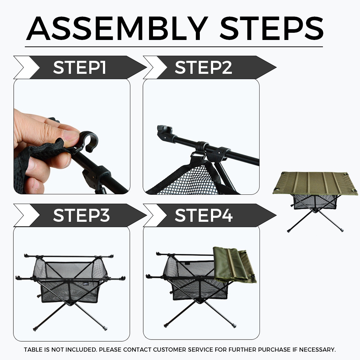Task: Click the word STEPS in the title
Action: (x=271, y=28)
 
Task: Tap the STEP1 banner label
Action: (x=80, y=68)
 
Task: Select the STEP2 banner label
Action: (x=203, y=68)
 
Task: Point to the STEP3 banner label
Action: (x=81, y=215)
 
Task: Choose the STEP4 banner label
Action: (x=204, y=215)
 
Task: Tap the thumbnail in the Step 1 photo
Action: (x=72, y=135)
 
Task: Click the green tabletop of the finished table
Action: (x=315, y=183)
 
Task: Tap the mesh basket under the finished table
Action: (x=315, y=202)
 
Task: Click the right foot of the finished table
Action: (x=342, y=229)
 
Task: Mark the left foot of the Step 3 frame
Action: (x=35, y=329)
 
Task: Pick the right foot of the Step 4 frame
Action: (x=234, y=325)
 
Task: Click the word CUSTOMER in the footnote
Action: (x=170, y=350)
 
